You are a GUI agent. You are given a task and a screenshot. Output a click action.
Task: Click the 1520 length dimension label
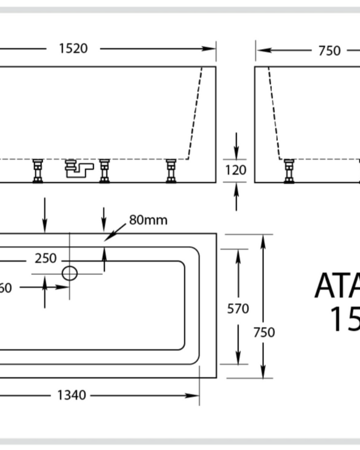click(x=73, y=49)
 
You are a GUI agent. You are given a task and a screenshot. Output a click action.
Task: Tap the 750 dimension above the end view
click(x=329, y=50)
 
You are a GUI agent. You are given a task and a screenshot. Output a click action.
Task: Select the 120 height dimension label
click(x=236, y=170)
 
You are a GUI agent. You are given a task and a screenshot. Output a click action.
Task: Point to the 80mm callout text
click(x=148, y=220)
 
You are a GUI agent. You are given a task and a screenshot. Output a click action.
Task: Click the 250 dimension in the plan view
click(x=45, y=259)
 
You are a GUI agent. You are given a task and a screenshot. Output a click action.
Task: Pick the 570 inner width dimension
click(x=238, y=309)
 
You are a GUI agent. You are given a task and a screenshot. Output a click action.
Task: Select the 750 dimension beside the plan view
click(x=263, y=332)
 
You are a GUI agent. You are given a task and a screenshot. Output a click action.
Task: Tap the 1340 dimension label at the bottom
click(x=71, y=395)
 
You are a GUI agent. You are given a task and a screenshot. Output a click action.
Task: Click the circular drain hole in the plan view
click(x=70, y=274)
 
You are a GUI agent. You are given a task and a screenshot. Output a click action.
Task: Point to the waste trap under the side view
click(x=79, y=169)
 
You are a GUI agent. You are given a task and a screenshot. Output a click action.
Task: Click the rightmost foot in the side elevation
click(x=171, y=170)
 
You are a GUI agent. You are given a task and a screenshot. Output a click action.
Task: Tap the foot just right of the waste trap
click(x=104, y=170)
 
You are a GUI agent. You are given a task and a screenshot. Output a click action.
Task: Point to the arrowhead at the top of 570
click(x=238, y=254)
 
